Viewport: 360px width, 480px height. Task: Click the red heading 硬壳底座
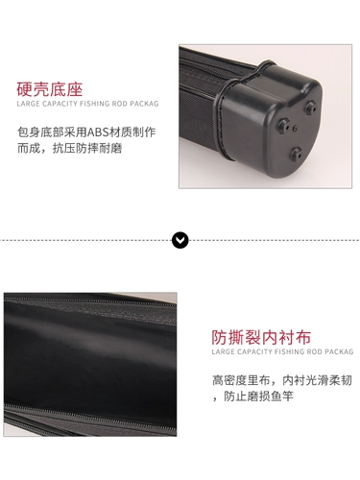[50, 89]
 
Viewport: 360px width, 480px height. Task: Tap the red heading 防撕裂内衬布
[261, 337]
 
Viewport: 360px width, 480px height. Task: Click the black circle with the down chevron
[180, 240]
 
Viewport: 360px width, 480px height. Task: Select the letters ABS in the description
[98, 132]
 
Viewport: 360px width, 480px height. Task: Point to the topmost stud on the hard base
[310, 108]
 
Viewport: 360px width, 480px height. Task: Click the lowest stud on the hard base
[297, 155]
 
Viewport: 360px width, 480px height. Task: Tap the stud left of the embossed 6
[283, 125]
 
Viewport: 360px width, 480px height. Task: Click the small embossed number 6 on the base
[295, 129]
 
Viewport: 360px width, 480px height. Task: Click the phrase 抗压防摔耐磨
[87, 148]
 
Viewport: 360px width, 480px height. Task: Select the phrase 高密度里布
[241, 380]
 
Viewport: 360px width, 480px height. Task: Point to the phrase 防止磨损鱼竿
[258, 396]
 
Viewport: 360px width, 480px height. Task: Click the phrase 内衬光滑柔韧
[317, 380]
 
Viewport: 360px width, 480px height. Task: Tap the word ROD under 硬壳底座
[120, 104]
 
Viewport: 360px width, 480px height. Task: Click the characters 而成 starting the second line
[29, 148]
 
